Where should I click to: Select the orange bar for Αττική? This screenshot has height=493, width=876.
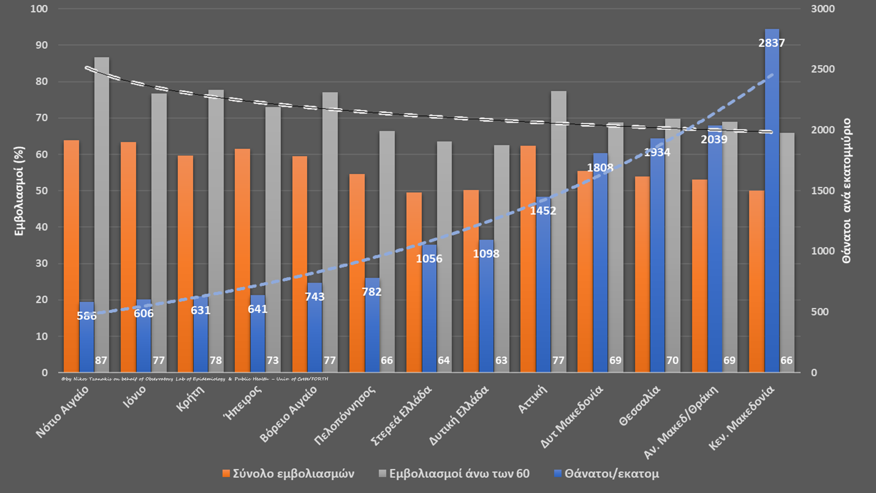pyautogui.click(x=528, y=259)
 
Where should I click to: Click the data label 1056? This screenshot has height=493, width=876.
pyautogui.click(x=429, y=259)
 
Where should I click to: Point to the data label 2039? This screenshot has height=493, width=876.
pyautogui.click(x=714, y=139)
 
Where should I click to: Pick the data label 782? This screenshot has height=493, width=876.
pyautogui.click(x=371, y=292)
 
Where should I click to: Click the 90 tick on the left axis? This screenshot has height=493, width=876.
pyautogui.click(x=42, y=45)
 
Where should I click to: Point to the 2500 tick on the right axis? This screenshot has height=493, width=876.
pyautogui.click(x=823, y=69)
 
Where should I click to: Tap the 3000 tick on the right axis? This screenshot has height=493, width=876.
pyautogui.click(x=823, y=9)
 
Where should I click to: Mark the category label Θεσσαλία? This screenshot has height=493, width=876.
pyautogui.click(x=639, y=405)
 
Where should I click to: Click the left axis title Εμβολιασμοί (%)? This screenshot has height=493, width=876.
pyautogui.click(x=19, y=191)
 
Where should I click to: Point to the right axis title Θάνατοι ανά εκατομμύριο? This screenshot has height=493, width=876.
pyautogui.click(x=847, y=191)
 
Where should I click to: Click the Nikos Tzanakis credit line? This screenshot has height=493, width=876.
pyautogui.click(x=194, y=379)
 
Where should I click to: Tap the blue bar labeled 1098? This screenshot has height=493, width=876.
pyautogui.click(x=486, y=307)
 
